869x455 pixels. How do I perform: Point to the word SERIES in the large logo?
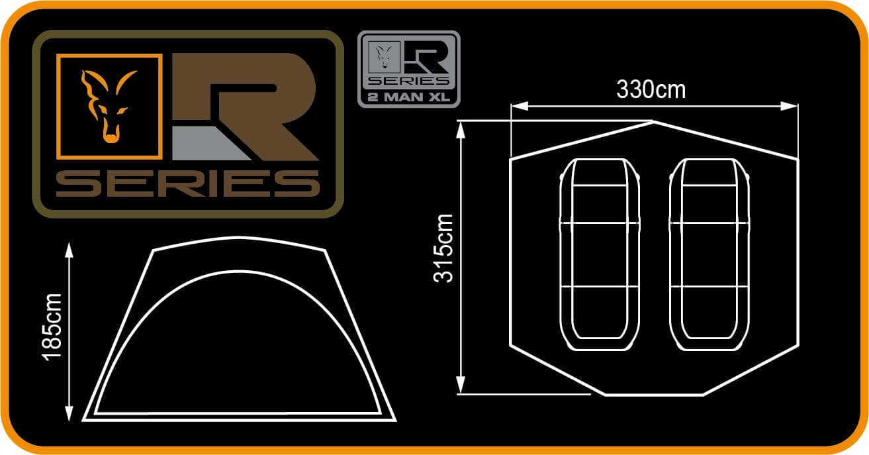187,183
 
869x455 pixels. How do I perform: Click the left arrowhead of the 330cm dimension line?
515,105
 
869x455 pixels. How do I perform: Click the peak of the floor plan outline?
653,122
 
